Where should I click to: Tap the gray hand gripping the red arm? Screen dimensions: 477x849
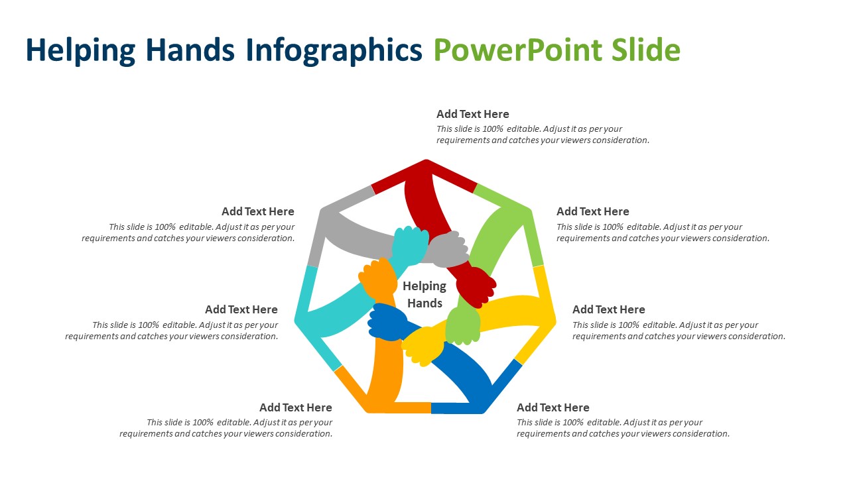click(447, 249)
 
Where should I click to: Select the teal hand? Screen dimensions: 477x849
click(409, 244)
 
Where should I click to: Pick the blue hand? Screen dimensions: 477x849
click(387, 322)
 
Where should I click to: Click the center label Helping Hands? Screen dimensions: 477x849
click(424, 294)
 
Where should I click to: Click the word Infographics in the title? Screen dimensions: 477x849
click(334, 50)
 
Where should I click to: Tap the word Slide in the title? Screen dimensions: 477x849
click(646, 50)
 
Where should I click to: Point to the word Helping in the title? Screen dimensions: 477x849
click(80, 50)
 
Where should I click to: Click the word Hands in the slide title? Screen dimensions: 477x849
click(190, 50)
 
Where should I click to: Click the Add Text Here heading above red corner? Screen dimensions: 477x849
click(472, 114)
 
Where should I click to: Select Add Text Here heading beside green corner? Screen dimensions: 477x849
click(592, 211)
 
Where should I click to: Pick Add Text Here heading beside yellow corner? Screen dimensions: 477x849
click(608, 309)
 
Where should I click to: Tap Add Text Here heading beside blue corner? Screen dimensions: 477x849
click(553, 407)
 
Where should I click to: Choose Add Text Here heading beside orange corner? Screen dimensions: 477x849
click(295, 407)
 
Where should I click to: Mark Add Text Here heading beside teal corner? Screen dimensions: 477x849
click(241, 309)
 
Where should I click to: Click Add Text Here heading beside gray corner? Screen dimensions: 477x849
click(257, 211)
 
